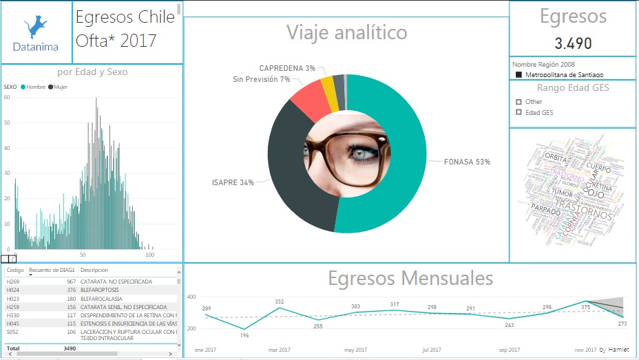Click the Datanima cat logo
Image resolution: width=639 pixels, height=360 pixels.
coord(36,28)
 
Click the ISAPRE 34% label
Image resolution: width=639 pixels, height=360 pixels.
coord(233,182)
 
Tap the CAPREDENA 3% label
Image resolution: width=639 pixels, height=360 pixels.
coord(287,68)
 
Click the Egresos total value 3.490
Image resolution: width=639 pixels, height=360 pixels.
coord(573,43)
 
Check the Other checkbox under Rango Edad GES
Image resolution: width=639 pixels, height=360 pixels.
coord(518,102)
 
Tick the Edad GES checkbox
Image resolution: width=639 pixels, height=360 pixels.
coord(518,113)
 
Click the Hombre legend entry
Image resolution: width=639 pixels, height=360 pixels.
coord(35,87)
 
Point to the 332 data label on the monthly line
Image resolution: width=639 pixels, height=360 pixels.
coord(280,301)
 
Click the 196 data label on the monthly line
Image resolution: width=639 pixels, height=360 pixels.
coord(244,336)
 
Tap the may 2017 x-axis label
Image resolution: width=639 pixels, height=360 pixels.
coord(355,350)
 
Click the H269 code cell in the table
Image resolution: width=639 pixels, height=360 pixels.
coord(13,282)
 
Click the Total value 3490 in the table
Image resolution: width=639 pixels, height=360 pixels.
coord(69,349)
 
